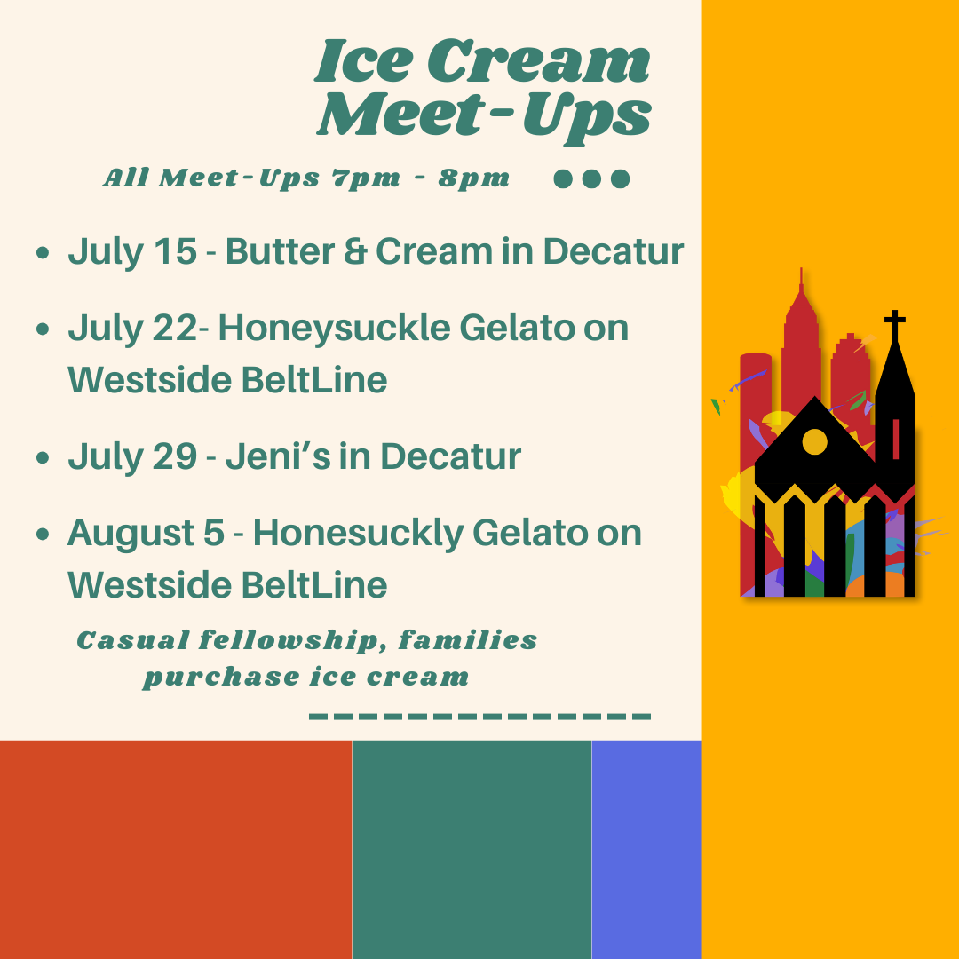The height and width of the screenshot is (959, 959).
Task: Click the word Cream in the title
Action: click(x=538, y=60)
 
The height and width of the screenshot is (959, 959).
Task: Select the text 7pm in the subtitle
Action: click(x=366, y=178)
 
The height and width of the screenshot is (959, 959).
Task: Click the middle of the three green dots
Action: click(x=591, y=178)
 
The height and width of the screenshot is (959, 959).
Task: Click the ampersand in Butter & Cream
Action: click(x=354, y=250)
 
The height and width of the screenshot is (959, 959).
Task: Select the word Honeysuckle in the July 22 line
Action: click(x=335, y=329)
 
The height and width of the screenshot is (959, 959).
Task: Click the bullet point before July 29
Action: click(x=43, y=457)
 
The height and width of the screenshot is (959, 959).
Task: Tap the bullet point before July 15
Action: click(x=43, y=252)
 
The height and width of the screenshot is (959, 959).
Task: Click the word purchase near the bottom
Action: click(x=222, y=677)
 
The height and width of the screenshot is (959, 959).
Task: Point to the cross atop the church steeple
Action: click(x=895, y=325)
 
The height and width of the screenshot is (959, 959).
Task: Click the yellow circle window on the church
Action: click(x=814, y=441)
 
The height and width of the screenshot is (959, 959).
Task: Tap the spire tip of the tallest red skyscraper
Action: click(x=801, y=268)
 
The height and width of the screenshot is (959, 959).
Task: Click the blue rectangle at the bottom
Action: click(x=646, y=850)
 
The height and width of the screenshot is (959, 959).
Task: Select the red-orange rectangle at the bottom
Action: click(x=176, y=850)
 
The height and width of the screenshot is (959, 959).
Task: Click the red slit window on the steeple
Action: click(x=896, y=440)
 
